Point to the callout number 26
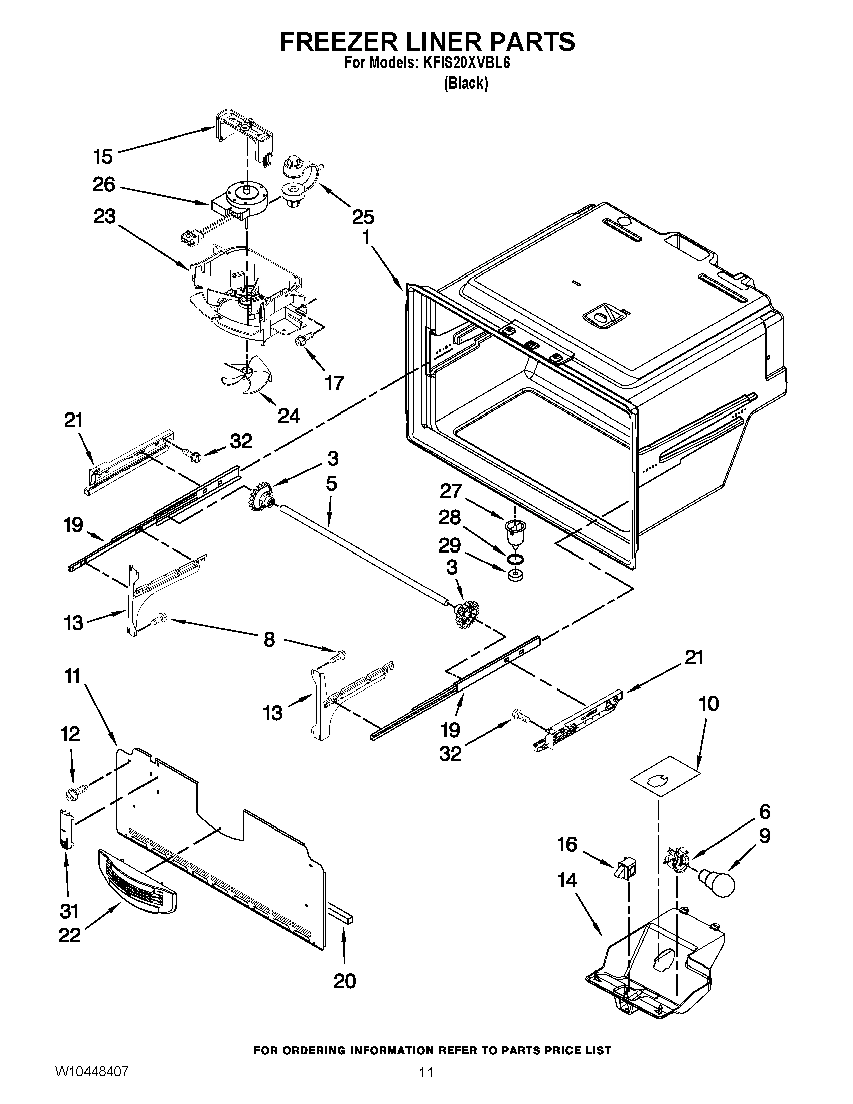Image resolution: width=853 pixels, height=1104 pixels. coord(103,185)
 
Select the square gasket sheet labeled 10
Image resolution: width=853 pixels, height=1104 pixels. coord(664,784)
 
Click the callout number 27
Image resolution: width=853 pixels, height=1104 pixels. coord(451,491)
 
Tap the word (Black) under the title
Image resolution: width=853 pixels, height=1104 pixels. coord(466,83)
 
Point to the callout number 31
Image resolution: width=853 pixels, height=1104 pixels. coord(69,911)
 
